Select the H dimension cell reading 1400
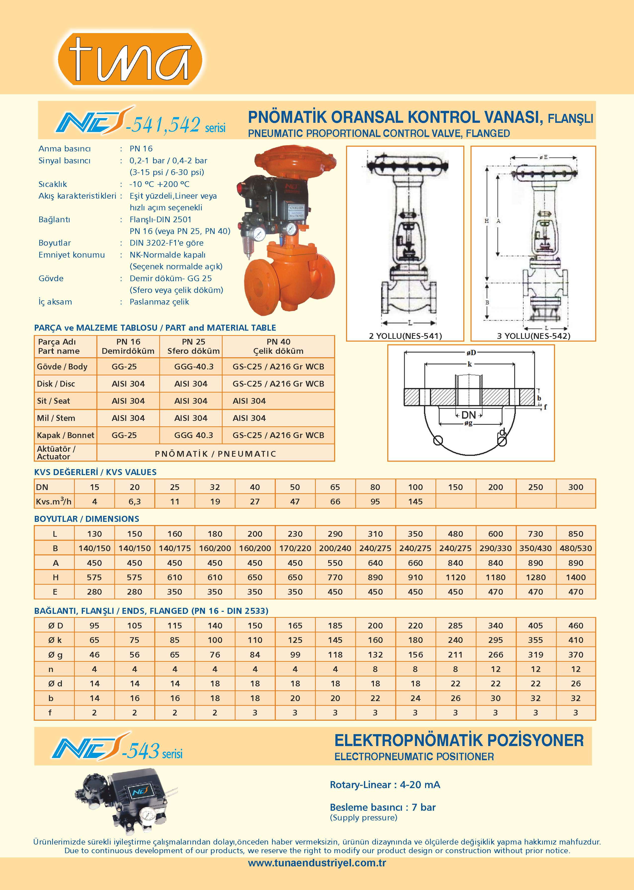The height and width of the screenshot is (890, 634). (x=575, y=578)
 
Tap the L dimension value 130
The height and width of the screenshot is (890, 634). (x=94, y=534)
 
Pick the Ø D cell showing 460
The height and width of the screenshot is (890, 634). (x=575, y=625)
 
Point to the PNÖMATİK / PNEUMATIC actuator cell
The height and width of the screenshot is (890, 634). (x=215, y=454)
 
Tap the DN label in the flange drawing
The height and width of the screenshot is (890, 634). (x=469, y=415)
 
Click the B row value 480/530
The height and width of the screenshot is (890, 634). (x=575, y=548)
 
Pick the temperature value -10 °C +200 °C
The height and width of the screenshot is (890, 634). (x=159, y=184)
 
